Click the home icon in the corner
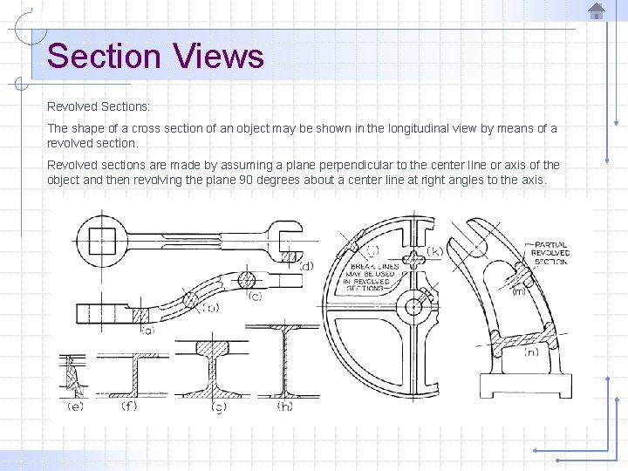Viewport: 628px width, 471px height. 597,10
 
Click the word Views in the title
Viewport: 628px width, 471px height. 218,57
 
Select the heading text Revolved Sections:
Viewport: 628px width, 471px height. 99,106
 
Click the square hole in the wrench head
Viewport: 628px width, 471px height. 103,238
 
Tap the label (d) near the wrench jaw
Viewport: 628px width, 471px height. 305,264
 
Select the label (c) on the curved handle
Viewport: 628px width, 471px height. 255,297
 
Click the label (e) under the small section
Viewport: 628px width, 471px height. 76,406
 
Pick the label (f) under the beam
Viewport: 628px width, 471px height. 128,406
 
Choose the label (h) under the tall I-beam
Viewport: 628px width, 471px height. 284,406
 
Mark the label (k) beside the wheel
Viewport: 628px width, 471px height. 434,251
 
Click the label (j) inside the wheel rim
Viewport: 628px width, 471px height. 372,250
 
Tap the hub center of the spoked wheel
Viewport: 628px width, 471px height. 411,305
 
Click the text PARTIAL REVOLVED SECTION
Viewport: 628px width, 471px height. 549,253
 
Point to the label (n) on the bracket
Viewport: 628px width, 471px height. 531,352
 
